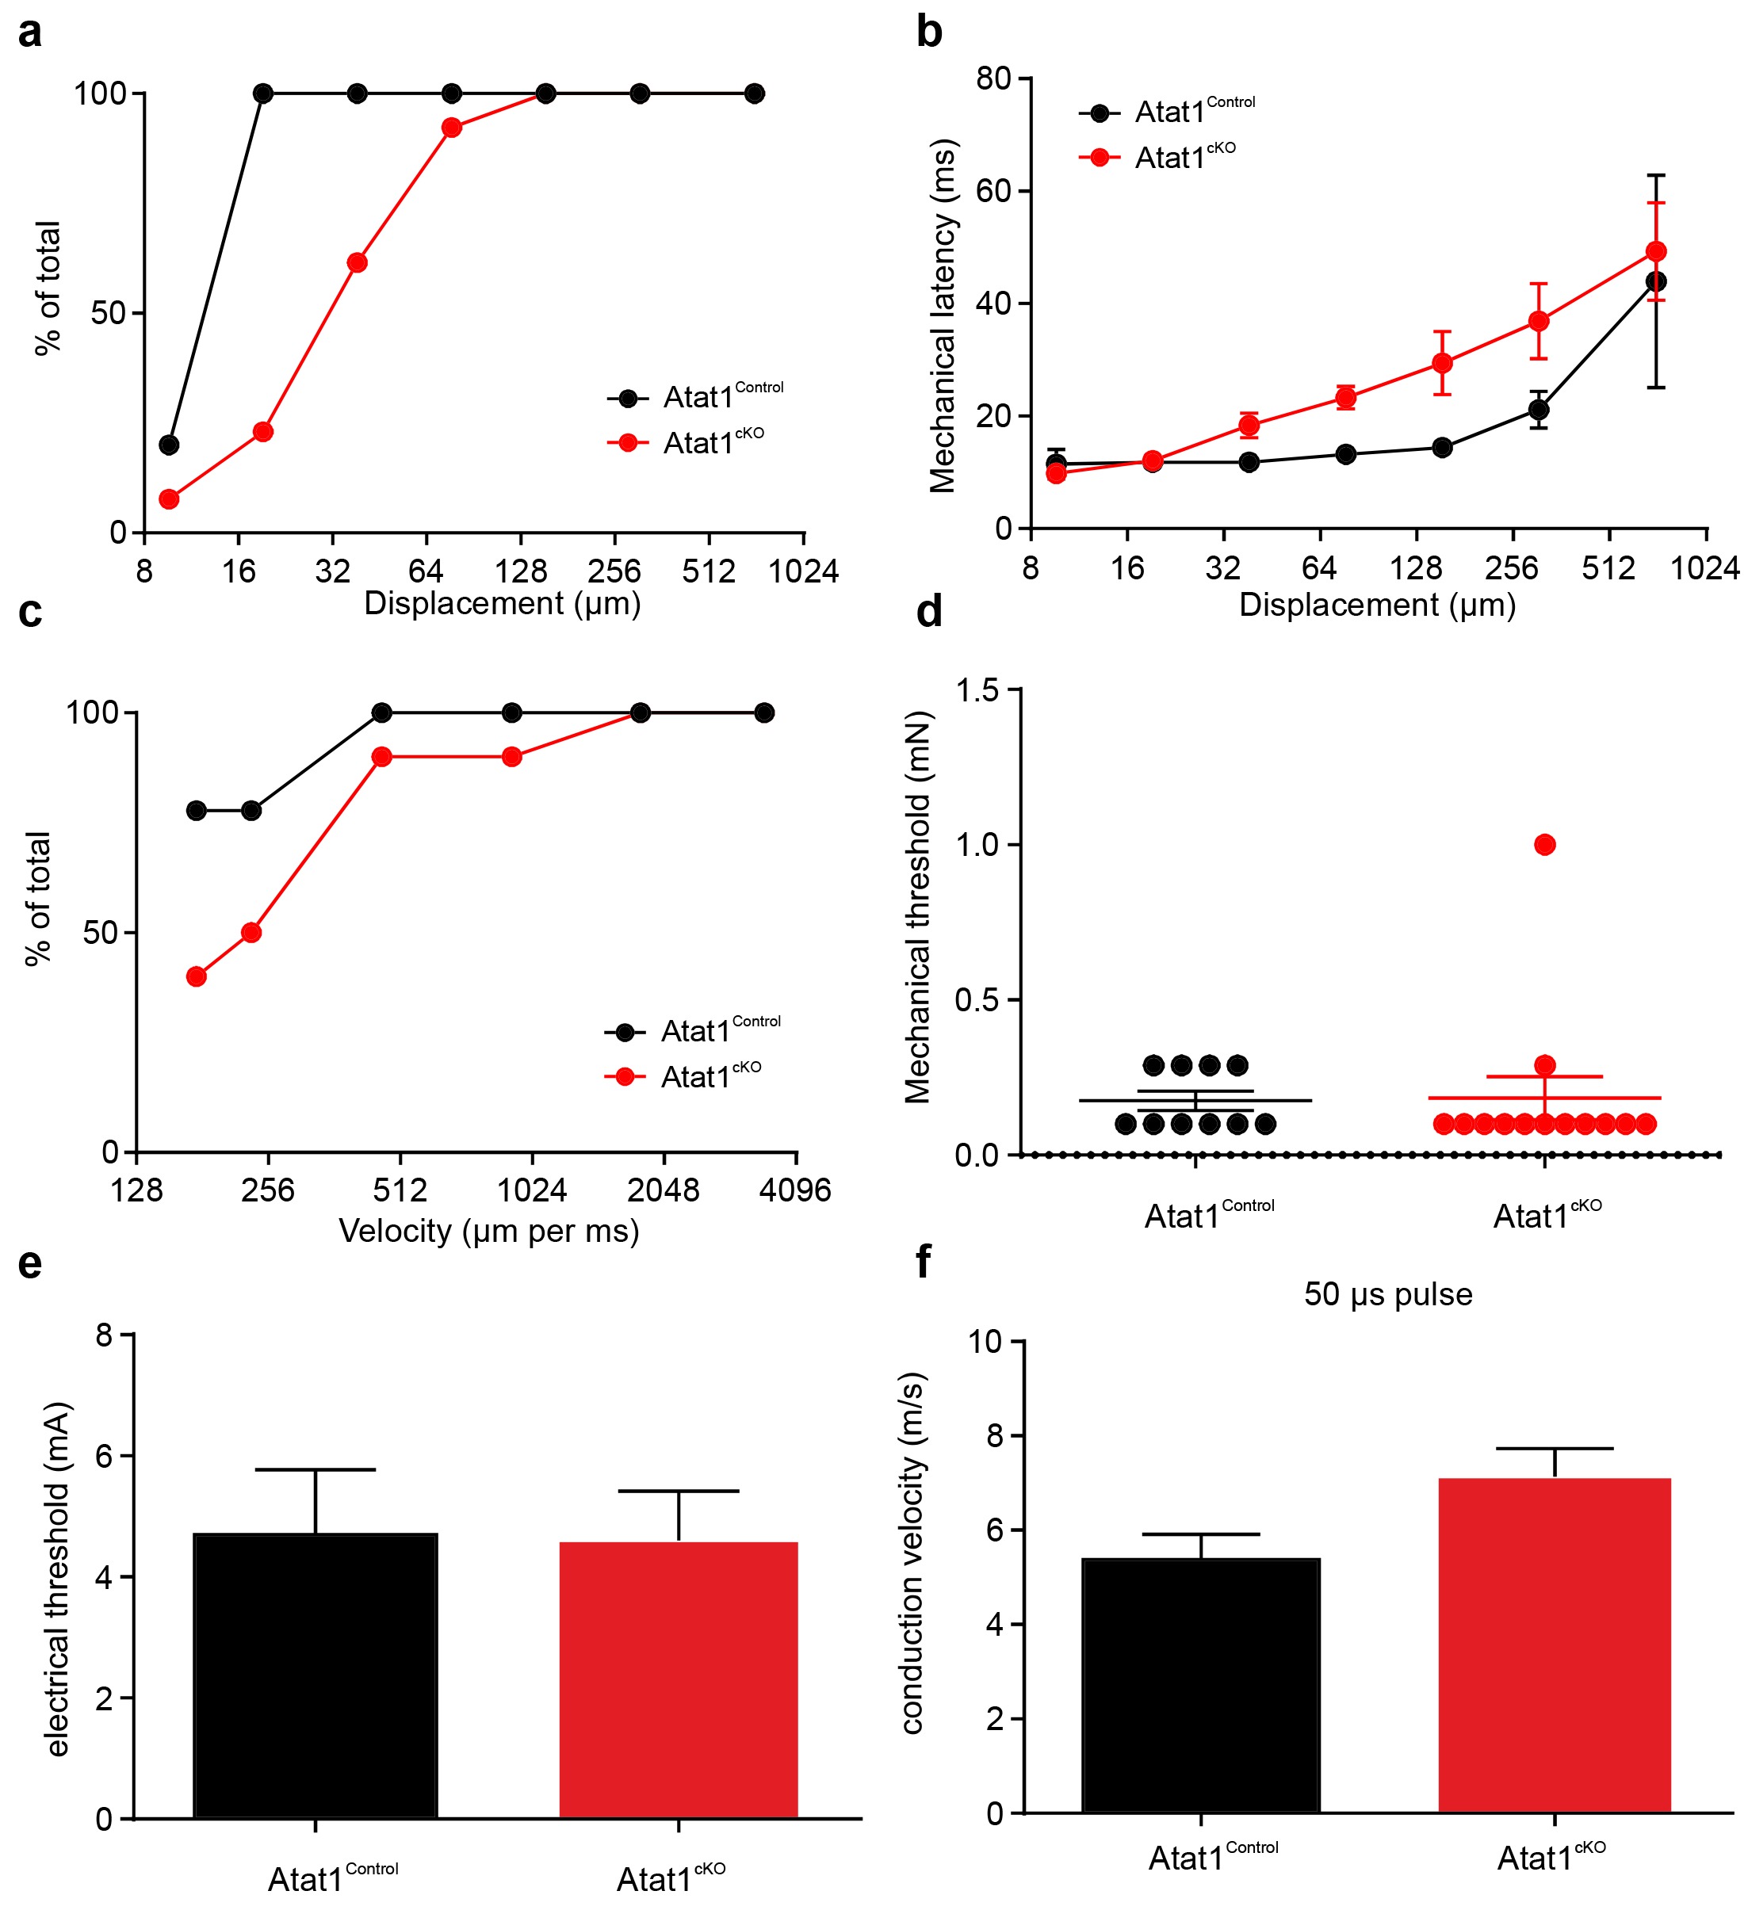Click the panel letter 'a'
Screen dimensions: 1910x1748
[x=29, y=34]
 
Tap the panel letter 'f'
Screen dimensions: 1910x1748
[x=923, y=1264]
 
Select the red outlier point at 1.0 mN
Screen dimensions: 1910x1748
[x=1544, y=844]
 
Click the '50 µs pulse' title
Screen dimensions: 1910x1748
[x=1388, y=1294]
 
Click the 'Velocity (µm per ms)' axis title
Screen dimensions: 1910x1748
[x=489, y=1231]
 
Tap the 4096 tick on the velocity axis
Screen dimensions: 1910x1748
[x=795, y=1190]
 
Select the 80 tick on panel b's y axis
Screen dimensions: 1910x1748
[x=994, y=78]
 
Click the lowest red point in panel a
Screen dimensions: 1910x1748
[x=169, y=499]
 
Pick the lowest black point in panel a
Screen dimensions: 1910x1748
[x=169, y=445]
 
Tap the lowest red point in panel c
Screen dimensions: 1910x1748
[x=196, y=976]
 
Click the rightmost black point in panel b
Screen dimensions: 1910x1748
[x=1656, y=281]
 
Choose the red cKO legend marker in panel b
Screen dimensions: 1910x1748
[x=1099, y=157]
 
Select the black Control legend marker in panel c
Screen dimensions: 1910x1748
[x=625, y=1033]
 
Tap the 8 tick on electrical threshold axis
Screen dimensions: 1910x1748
[x=103, y=1336]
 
